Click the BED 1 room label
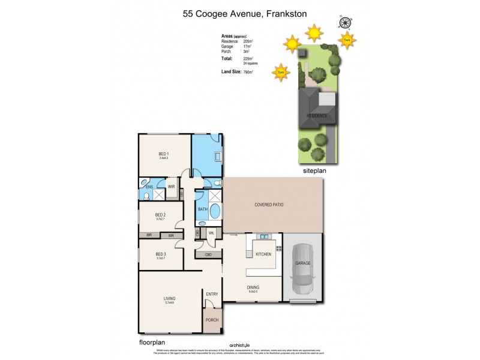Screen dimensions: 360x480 [x=163, y=154]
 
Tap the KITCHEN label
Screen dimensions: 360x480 [x=264, y=254]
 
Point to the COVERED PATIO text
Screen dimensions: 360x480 [x=269, y=205]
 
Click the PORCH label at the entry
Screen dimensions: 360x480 [x=212, y=320]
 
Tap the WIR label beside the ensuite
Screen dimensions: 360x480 [x=171, y=187]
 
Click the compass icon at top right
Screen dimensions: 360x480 [x=345, y=23]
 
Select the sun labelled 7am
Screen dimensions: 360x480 [x=347, y=40]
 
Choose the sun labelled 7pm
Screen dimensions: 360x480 [x=281, y=73]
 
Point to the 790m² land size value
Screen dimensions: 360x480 [x=248, y=72]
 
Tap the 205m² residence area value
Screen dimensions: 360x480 [x=248, y=41]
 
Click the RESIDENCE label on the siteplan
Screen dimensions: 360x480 [x=317, y=115]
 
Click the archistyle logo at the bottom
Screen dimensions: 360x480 [x=240, y=345]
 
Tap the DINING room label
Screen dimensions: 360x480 [x=253, y=287]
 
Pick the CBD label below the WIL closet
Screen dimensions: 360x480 [x=208, y=254]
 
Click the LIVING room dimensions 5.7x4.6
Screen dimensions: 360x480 [x=169, y=303]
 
